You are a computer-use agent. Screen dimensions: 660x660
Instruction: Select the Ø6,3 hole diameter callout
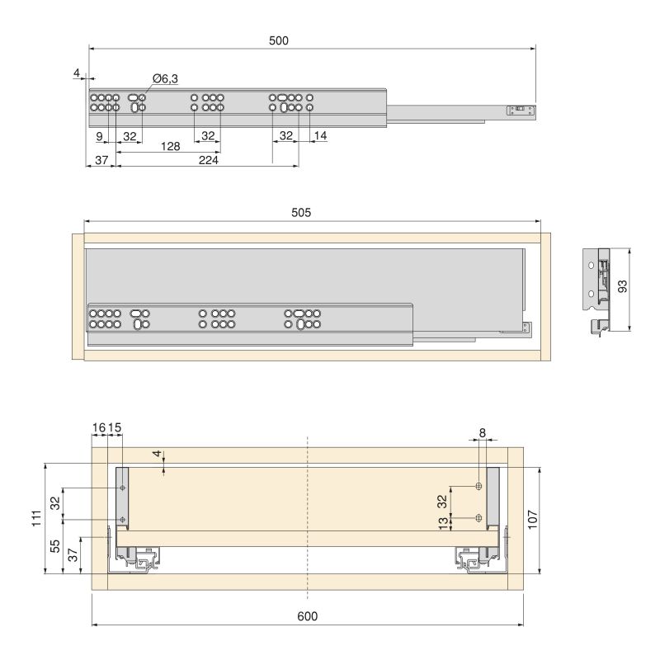tap(165, 78)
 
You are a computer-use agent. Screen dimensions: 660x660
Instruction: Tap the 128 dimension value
tap(171, 145)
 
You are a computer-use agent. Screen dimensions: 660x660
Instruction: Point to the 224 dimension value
tap(208, 161)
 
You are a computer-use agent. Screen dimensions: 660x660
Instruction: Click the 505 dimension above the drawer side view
tap(300, 213)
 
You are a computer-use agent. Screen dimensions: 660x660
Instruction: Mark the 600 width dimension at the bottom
tap(307, 616)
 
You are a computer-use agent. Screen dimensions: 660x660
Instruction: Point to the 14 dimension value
tap(320, 134)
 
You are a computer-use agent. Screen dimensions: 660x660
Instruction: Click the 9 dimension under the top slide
tap(99, 134)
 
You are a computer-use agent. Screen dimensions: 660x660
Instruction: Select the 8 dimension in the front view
tap(482, 431)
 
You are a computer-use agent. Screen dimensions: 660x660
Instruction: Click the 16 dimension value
tap(99, 427)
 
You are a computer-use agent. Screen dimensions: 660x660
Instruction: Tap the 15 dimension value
tap(115, 427)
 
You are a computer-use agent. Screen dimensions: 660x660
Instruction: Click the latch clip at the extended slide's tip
tap(521, 108)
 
